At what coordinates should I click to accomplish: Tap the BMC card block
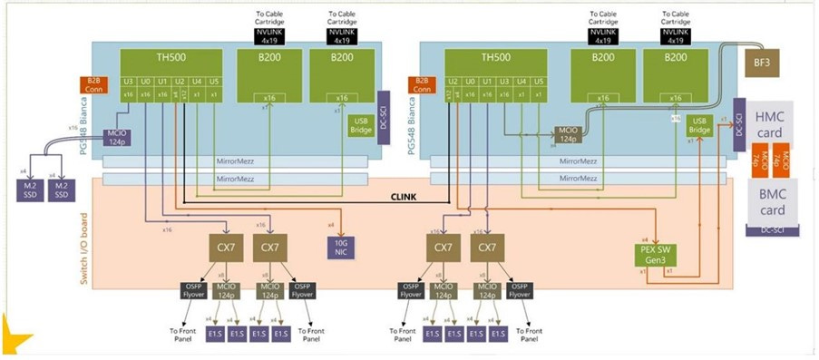[x=772, y=202]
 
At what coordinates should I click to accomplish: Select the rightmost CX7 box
[x=487, y=246]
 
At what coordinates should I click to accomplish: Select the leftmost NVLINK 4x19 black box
[x=270, y=37]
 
